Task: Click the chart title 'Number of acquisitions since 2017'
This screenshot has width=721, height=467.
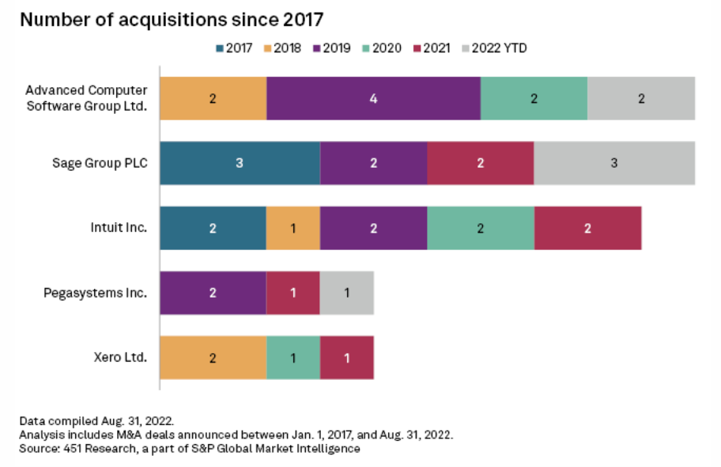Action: [172, 19]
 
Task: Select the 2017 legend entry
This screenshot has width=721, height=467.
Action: [233, 48]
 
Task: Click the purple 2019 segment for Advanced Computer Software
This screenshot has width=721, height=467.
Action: [373, 99]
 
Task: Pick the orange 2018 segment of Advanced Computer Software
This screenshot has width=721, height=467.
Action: [213, 99]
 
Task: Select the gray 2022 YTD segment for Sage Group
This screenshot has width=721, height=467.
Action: [614, 164]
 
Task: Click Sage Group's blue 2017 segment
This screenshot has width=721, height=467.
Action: [240, 164]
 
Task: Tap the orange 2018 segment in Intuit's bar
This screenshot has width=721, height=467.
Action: [293, 229]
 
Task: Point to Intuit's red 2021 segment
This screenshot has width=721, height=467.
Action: [587, 229]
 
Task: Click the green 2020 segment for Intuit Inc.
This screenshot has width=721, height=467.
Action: [480, 229]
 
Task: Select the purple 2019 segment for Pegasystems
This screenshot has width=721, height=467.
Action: [213, 293]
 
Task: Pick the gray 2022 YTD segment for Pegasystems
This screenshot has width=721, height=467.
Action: [346, 293]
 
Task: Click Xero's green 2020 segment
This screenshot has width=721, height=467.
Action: [293, 358]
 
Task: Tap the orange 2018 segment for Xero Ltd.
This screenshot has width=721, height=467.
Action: [213, 358]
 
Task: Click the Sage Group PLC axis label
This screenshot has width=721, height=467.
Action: [100, 164]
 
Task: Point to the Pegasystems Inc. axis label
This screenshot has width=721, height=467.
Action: [95, 293]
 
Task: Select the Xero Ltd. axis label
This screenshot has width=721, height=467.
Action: [120, 358]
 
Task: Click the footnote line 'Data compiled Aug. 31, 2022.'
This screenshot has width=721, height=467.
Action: [96, 420]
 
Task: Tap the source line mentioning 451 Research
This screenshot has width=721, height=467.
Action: [190, 449]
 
